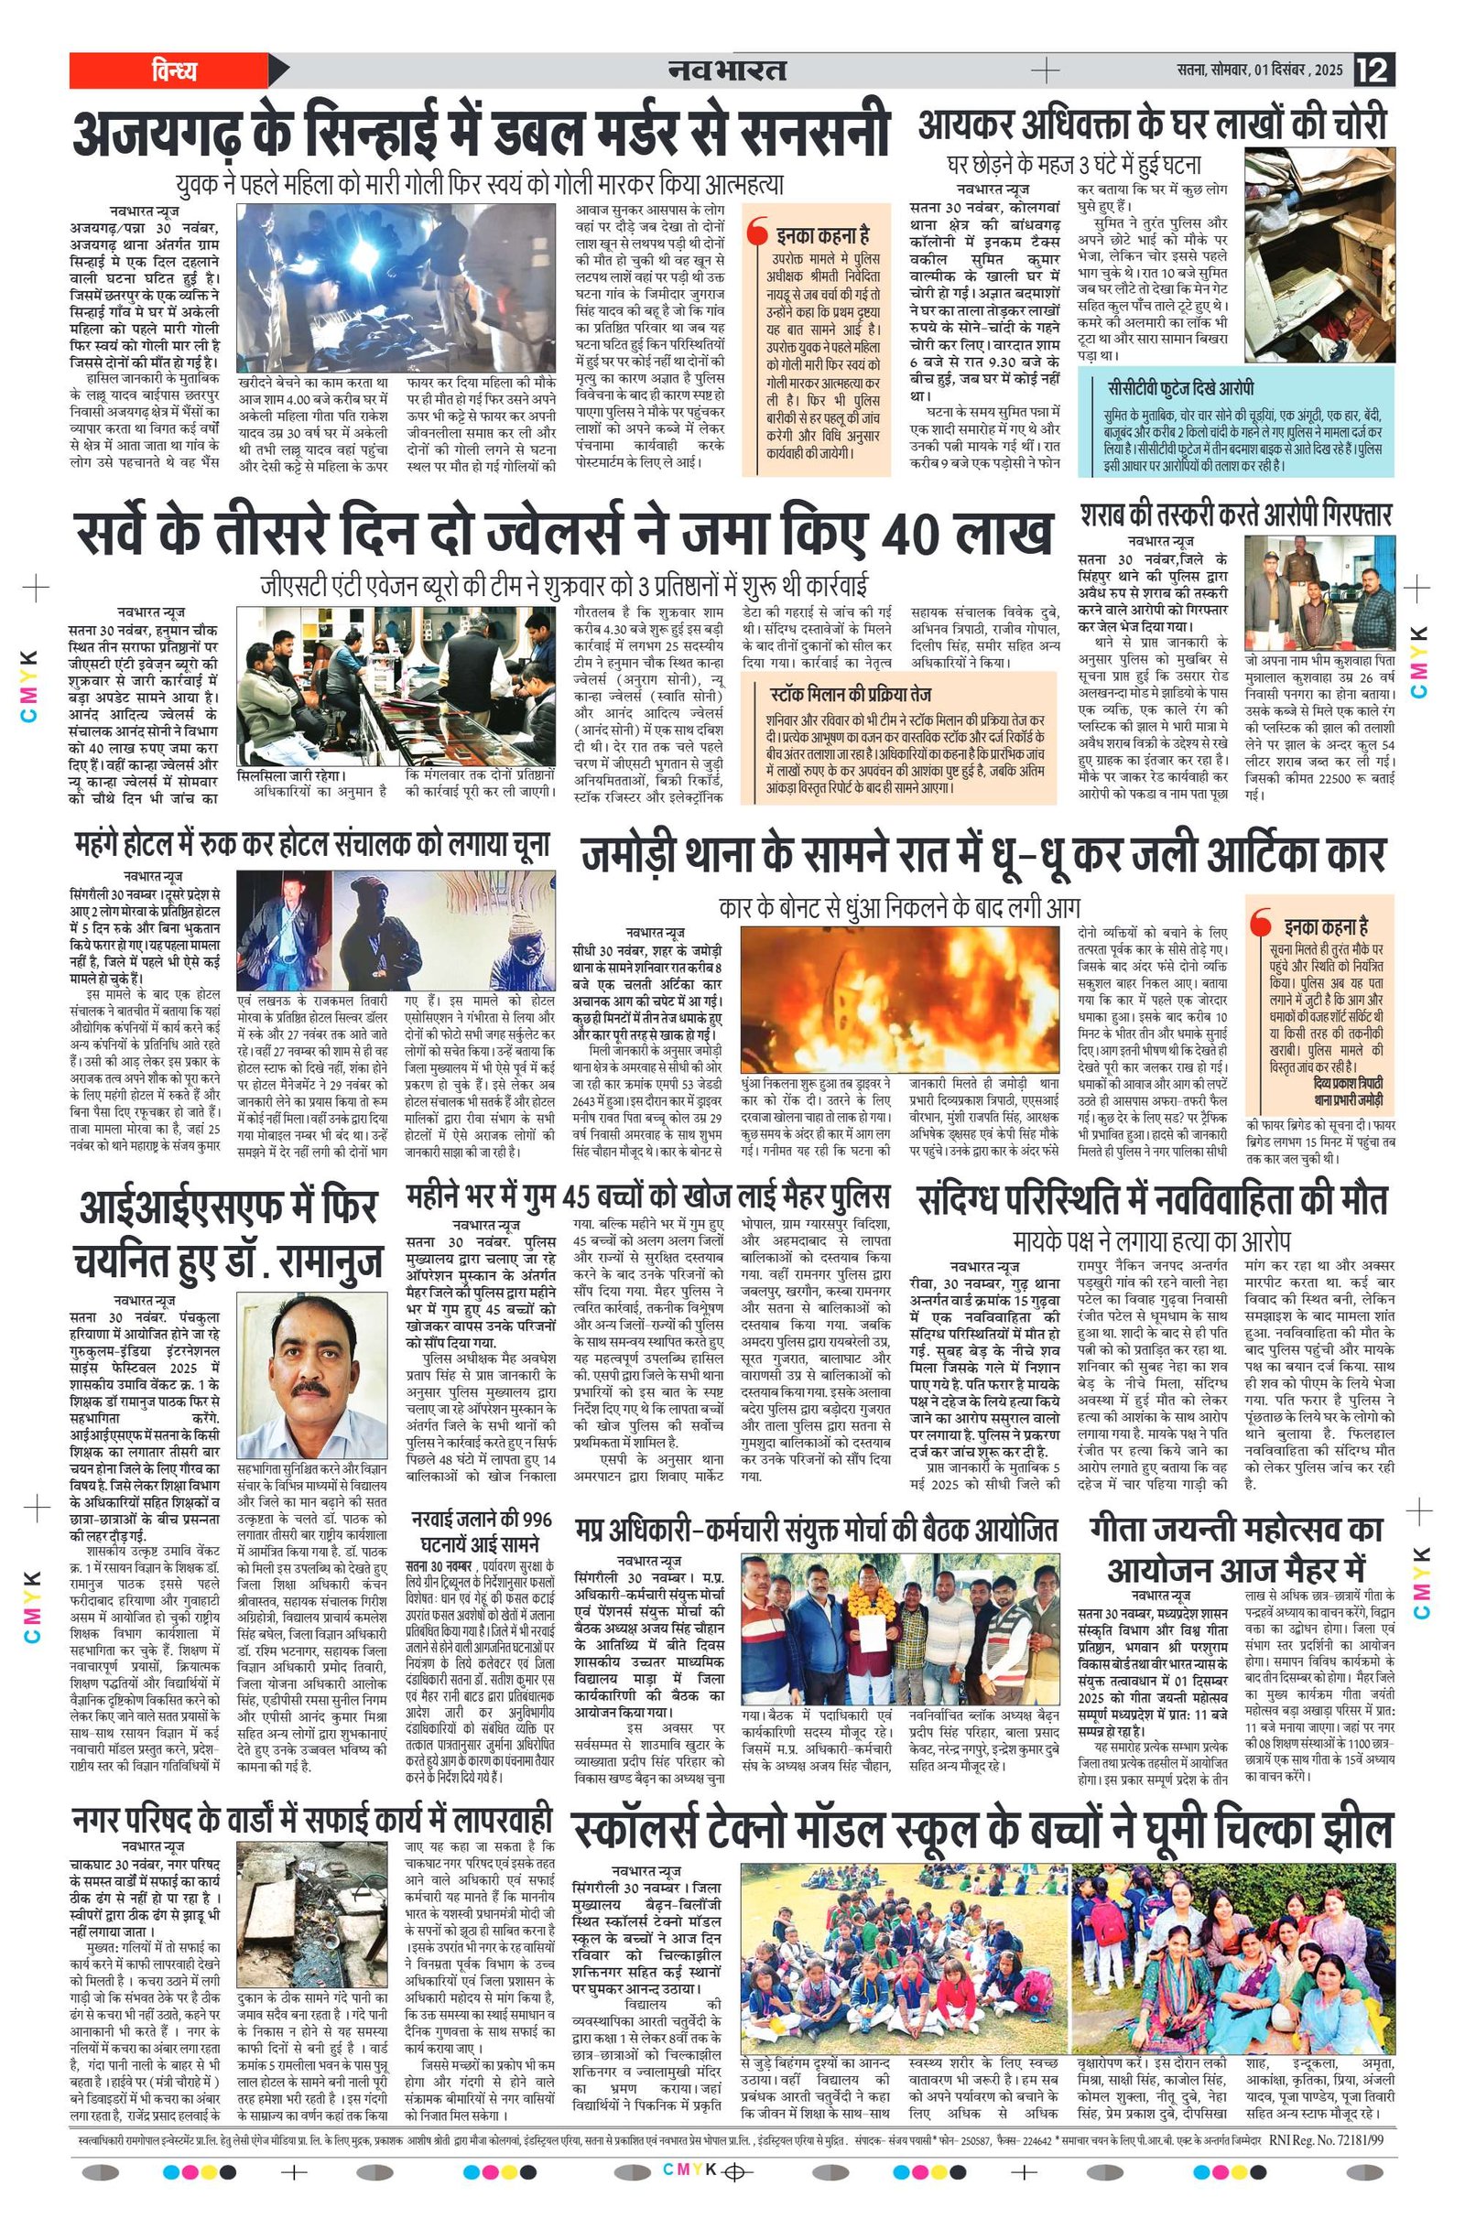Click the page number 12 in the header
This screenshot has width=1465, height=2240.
pyautogui.click(x=1373, y=70)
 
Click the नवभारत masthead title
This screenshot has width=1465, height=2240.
pyautogui.click(x=727, y=70)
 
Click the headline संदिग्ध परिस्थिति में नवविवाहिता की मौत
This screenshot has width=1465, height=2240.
pyautogui.click(x=1152, y=1201)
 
